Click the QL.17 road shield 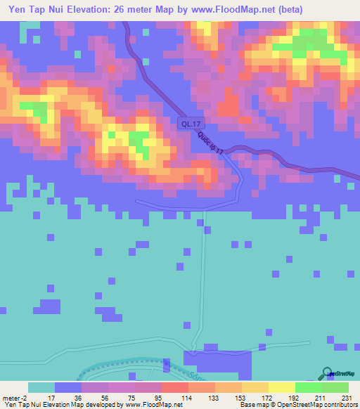tap(187, 124)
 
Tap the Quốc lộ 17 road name tap(210, 143)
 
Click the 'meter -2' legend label tap(15, 397)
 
